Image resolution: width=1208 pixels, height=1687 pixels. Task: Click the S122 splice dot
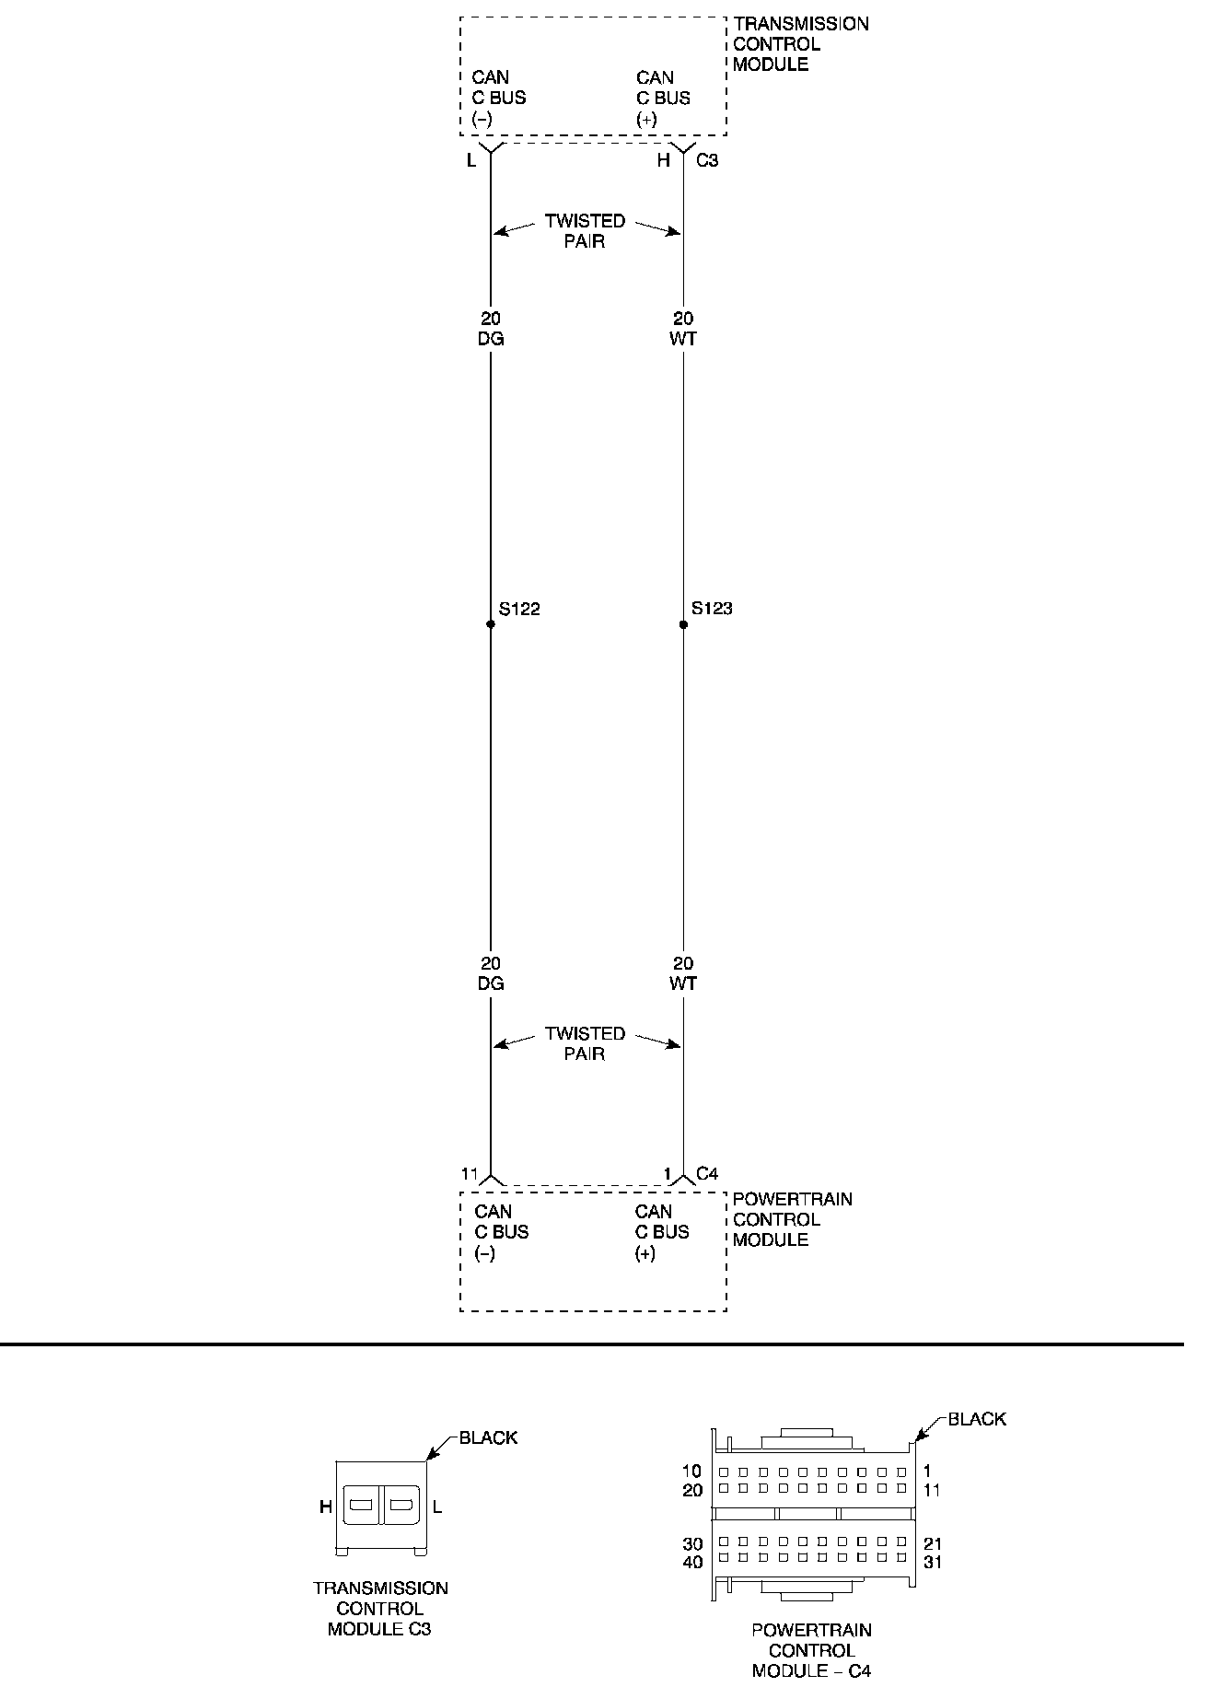pyautogui.click(x=490, y=624)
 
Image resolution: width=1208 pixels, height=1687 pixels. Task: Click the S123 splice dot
pyautogui.click(x=683, y=624)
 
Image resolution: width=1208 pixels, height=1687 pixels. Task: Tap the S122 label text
pyautogui.click(x=519, y=609)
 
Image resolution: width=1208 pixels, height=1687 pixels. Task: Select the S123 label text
pyautogui.click(x=712, y=609)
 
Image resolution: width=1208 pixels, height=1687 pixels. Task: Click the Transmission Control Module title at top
pyautogui.click(x=800, y=44)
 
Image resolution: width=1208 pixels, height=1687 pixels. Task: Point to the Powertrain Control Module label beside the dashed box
pyautogui.click(x=792, y=1219)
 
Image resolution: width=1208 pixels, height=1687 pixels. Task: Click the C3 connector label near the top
pyautogui.click(x=707, y=160)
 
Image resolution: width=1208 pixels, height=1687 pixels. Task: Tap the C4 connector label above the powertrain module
pyautogui.click(x=707, y=1173)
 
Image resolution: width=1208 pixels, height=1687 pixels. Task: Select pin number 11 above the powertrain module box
pyautogui.click(x=470, y=1174)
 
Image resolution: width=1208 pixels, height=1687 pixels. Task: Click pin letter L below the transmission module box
pyautogui.click(x=471, y=161)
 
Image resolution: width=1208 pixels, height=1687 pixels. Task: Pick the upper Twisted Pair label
pyautogui.click(x=585, y=231)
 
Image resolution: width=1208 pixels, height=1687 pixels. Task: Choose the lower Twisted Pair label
pyautogui.click(x=585, y=1043)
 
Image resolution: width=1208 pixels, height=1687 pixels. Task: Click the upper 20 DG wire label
pyautogui.click(x=491, y=329)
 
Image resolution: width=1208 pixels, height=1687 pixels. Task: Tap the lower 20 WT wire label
pyautogui.click(x=683, y=973)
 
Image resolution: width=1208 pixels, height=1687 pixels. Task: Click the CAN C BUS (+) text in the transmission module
pyautogui.click(x=662, y=98)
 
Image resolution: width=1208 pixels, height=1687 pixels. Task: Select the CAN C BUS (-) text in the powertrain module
pyautogui.click(x=501, y=1232)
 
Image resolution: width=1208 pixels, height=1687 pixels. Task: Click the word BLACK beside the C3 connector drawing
pyautogui.click(x=488, y=1437)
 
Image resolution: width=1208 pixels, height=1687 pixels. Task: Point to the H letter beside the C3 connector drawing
pyautogui.click(x=325, y=1507)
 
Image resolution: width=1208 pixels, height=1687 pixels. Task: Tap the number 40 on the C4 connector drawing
pyautogui.click(x=692, y=1562)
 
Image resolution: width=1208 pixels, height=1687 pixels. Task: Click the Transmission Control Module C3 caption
pyautogui.click(x=380, y=1608)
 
